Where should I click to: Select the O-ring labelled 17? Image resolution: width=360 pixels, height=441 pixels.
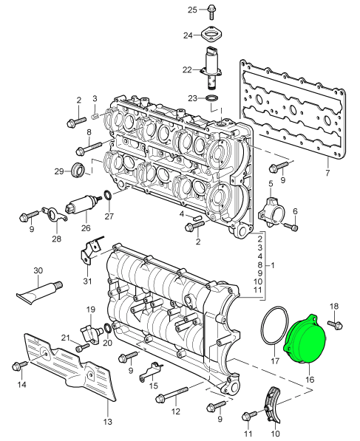(262, 327)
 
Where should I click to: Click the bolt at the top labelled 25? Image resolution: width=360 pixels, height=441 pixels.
(211, 13)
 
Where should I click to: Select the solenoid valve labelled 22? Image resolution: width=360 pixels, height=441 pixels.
(211, 67)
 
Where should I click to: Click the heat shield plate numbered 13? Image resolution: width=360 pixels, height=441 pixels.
(70, 366)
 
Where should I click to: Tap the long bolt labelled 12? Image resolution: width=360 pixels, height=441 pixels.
(171, 394)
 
